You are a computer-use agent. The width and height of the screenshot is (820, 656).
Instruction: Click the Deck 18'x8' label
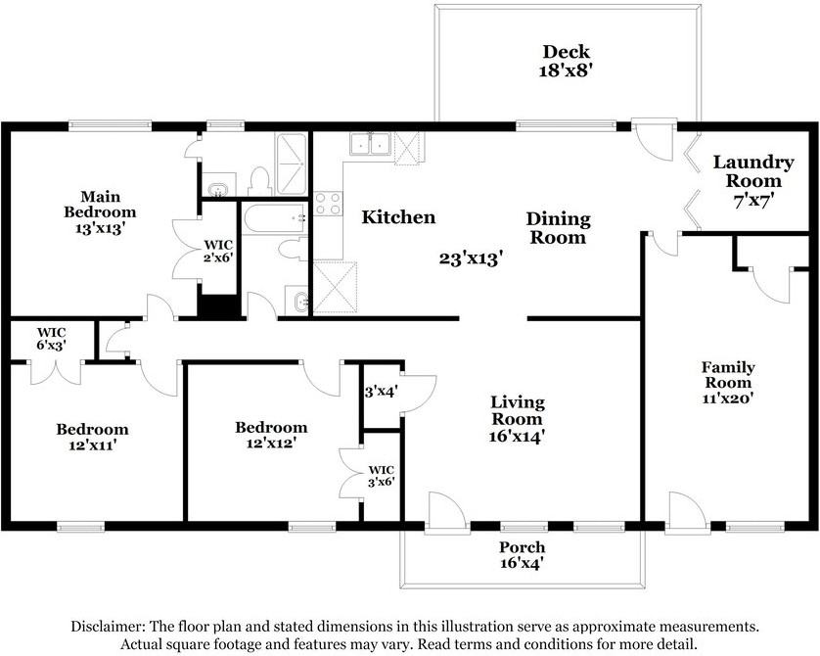tap(566, 61)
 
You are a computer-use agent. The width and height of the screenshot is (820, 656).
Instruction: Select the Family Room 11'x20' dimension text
tap(727, 398)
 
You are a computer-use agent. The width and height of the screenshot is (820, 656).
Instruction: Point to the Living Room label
tap(518, 410)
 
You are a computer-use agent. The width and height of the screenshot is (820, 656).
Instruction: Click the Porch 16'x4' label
tap(522, 555)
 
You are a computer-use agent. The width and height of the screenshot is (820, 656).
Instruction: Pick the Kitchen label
tap(398, 217)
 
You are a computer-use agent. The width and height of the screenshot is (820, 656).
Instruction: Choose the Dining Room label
tap(558, 228)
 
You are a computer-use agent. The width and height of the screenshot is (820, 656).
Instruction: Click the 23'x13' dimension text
tap(471, 258)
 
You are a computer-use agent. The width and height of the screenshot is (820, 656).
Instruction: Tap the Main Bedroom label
tap(100, 211)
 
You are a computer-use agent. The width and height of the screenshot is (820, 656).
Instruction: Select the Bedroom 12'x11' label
tap(92, 438)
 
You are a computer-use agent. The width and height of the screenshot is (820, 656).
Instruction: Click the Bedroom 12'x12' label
tap(271, 436)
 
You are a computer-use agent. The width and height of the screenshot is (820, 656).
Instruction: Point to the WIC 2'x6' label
tap(218, 251)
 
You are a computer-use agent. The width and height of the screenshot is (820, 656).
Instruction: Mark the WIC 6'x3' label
tap(51, 339)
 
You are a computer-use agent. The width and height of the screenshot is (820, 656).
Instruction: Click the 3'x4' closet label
tap(382, 392)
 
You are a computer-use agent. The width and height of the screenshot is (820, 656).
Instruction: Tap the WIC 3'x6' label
tap(382, 476)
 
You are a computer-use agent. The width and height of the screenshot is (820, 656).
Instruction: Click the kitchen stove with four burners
tap(329, 204)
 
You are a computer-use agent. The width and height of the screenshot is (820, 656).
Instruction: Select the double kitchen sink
tap(370, 143)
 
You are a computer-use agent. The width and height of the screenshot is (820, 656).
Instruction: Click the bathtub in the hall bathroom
tap(274, 218)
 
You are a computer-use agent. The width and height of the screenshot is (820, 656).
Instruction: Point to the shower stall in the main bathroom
tap(291, 164)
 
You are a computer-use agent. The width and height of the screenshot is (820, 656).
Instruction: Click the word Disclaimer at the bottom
tap(109, 627)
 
